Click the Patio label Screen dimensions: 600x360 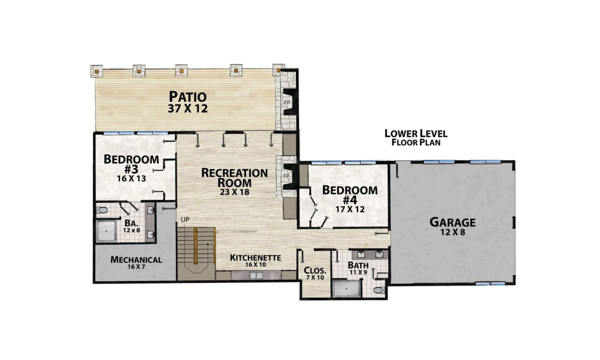pyautogui.click(x=188, y=96)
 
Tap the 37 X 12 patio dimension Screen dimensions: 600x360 pyautogui.click(x=188, y=108)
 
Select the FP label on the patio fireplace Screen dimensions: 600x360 pyautogui.click(x=287, y=102)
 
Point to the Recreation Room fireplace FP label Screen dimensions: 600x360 pyautogui.click(x=286, y=176)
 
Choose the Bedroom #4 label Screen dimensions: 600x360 pyautogui.click(x=350, y=195)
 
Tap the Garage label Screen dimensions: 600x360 pyautogui.click(x=452, y=222)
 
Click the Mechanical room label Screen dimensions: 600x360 pyautogui.click(x=136, y=260)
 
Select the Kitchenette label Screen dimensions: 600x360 pyautogui.click(x=255, y=257)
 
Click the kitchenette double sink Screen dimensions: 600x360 pyautogui.click(x=256, y=275)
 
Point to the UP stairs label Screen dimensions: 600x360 pyautogui.click(x=185, y=220)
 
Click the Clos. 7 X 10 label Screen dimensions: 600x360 pyautogui.click(x=315, y=273)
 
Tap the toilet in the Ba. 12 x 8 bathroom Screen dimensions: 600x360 pyautogui.click(x=102, y=210)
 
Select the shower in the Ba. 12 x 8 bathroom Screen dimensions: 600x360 pyautogui.click(x=106, y=231)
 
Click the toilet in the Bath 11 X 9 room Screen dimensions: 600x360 pyautogui.click(x=379, y=290)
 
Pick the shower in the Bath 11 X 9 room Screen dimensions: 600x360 pyautogui.click(x=347, y=288)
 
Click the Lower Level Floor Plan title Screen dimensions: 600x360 pyautogui.click(x=416, y=137)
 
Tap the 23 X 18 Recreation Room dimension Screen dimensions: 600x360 pyautogui.click(x=235, y=192)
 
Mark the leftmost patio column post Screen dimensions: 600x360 pyautogui.click(x=97, y=71)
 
